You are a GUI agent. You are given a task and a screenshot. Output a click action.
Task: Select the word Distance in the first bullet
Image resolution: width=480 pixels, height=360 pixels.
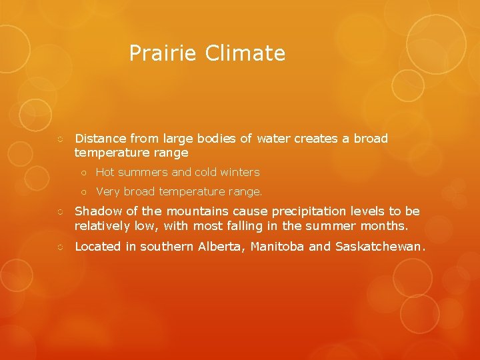tap(101, 139)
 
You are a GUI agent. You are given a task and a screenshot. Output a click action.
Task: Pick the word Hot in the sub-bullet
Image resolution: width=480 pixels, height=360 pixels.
tap(105, 172)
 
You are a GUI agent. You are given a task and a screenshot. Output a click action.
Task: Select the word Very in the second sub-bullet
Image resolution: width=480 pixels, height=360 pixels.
tap(108, 191)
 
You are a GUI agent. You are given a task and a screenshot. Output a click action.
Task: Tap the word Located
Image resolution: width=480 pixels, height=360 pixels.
tap(98, 247)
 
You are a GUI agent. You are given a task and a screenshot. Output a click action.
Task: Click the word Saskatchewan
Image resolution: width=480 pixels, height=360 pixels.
tap(379, 247)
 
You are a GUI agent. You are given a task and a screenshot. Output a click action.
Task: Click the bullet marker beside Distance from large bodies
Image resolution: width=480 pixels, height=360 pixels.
tap(60, 139)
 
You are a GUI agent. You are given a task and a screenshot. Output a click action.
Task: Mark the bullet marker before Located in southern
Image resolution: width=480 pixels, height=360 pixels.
tap(60, 247)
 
